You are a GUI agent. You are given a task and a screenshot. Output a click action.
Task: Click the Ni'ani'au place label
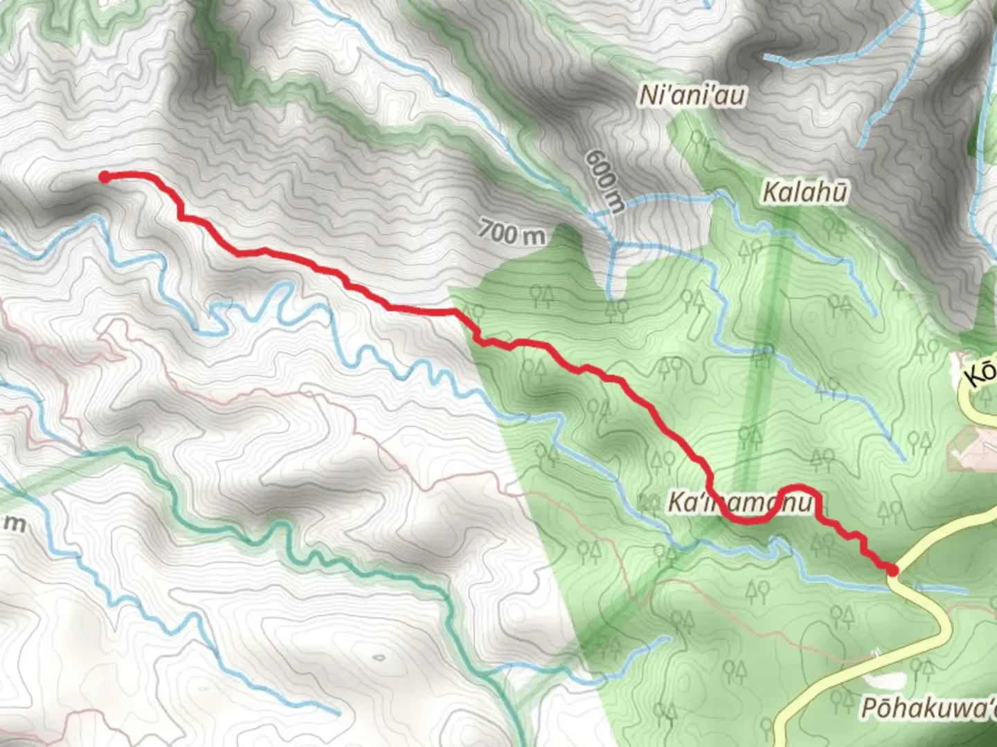coord(692,95)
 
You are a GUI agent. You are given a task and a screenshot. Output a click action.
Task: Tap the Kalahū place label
coord(804,192)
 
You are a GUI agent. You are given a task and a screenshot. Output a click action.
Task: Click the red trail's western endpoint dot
coord(105,177)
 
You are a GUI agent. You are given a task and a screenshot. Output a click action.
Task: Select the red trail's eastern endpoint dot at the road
coord(892,570)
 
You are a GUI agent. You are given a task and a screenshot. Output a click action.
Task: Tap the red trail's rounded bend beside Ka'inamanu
coord(796,488)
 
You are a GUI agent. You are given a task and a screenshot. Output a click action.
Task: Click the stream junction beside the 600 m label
coord(613,243)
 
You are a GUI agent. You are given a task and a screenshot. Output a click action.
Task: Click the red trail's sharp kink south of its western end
coord(182,216)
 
